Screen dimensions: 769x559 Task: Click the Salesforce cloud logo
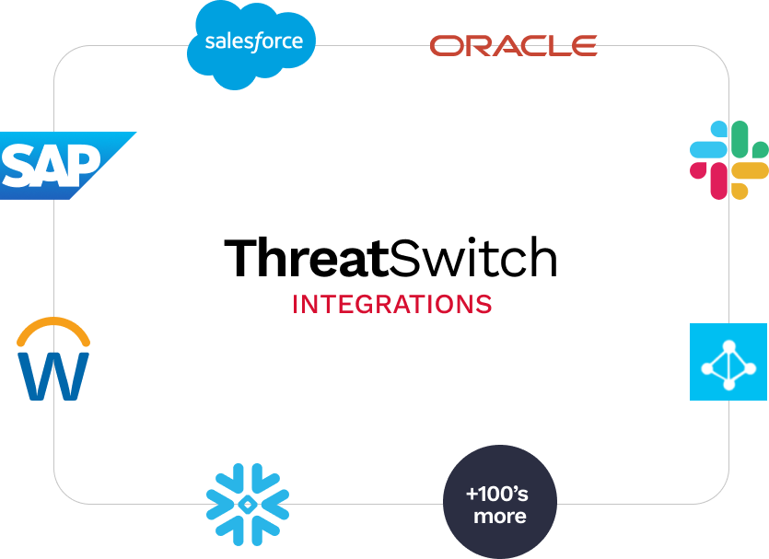pos(251,45)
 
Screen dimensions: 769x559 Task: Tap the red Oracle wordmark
pos(514,46)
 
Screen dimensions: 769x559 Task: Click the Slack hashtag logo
pos(729,160)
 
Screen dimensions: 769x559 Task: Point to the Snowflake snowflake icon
pos(248,504)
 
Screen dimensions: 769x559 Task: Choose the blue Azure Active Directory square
pos(728,362)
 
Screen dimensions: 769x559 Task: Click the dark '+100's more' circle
pos(500,502)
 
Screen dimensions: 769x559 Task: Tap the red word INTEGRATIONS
pos(391,305)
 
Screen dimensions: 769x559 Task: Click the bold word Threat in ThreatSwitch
pos(307,258)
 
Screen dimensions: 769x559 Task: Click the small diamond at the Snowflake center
pos(248,504)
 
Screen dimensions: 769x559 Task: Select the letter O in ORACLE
pos(446,46)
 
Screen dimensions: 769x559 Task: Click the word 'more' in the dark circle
pos(500,517)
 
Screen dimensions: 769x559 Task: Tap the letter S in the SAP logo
pos(18,166)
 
